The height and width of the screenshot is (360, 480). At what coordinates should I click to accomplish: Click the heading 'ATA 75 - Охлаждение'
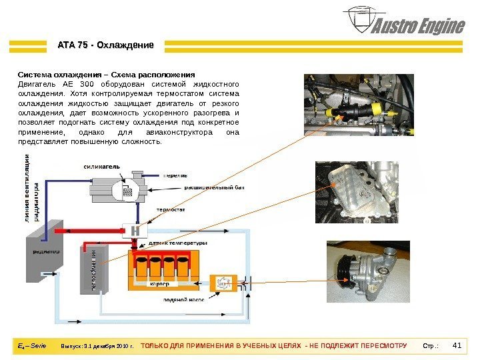click(x=105, y=45)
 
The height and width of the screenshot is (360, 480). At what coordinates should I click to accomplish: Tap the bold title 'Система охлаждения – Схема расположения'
click(x=106, y=75)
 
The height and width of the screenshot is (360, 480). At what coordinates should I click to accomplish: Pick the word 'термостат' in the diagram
click(x=171, y=209)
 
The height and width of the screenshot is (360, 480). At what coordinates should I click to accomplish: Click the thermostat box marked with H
click(x=135, y=230)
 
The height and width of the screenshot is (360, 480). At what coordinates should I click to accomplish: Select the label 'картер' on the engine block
click(x=160, y=284)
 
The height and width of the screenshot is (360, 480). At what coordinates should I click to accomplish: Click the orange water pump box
click(x=222, y=283)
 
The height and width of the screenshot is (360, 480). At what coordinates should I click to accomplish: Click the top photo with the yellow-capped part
click(x=359, y=106)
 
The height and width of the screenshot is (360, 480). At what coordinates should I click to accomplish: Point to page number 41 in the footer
click(x=457, y=346)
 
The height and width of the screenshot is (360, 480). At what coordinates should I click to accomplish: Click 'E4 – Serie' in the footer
click(x=31, y=346)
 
